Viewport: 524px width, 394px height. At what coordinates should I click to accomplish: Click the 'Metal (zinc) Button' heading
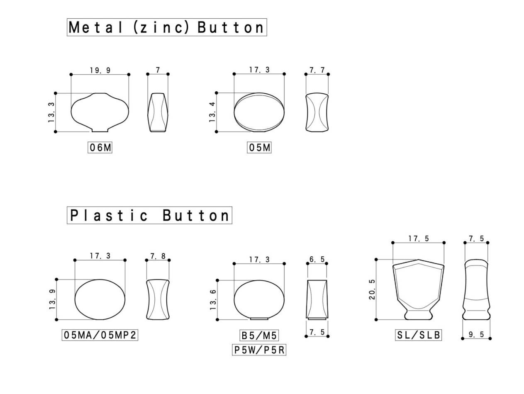pyautogui.click(x=167, y=27)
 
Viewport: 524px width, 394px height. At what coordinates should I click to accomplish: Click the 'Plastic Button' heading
pyautogui.click(x=149, y=215)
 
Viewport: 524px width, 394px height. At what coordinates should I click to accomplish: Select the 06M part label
pyautogui.click(x=100, y=148)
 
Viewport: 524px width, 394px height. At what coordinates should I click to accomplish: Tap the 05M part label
pyautogui.click(x=259, y=148)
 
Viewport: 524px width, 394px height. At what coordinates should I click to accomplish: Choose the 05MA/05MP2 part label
pyautogui.click(x=100, y=335)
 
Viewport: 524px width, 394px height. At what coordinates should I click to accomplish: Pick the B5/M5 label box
pyautogui.click(x=259, y=335)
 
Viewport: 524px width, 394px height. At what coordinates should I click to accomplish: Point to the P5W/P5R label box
pyautogui.click(x=259, y=350)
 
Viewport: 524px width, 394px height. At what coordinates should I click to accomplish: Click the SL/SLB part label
pyautogui.click(x=418, y=335)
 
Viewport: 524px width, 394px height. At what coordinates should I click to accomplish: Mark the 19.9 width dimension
pyautogui.click(x=100, y=70)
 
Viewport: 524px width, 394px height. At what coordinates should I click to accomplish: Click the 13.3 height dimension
pyautogui.click(x=51, y=112)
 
